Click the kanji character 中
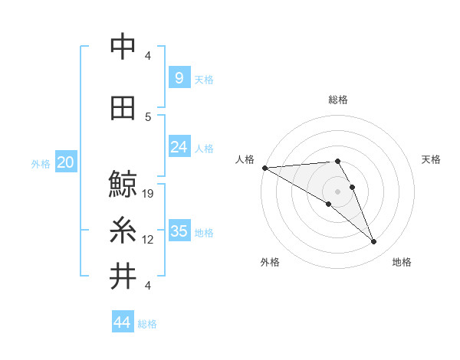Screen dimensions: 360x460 123,47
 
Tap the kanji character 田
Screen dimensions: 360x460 123,109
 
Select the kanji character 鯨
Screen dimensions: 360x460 123,185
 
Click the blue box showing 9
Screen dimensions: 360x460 179,78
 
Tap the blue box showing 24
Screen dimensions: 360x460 179,147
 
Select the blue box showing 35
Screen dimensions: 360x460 179,231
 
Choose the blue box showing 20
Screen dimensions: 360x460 66,162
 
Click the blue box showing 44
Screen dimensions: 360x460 123,323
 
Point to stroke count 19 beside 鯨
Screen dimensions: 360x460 149,194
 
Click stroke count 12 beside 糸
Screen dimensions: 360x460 149,240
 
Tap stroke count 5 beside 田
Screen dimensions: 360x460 148,117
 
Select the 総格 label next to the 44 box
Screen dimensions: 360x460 147,324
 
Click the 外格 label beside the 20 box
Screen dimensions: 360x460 41,163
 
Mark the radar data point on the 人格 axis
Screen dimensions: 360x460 264,167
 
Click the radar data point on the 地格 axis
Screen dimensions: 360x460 374,242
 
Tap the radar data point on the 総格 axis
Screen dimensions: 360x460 337,161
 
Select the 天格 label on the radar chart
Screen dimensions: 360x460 432,159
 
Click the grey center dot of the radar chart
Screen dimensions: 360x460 337,191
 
